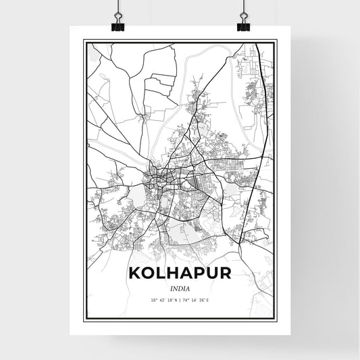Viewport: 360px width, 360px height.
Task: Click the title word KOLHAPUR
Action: pos(179,274)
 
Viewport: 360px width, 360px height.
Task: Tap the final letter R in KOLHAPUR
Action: pos(227,274)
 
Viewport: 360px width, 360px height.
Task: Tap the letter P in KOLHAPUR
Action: pos(199,274)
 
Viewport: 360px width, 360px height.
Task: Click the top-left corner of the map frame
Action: pos(83,41)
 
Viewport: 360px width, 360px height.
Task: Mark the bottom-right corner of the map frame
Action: pos(277,319)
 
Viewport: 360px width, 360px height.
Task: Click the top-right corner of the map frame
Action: pos(277,41)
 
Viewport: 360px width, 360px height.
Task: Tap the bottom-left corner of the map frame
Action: pos(83,319)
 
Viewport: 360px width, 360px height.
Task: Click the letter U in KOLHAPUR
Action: pos(213,274)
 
